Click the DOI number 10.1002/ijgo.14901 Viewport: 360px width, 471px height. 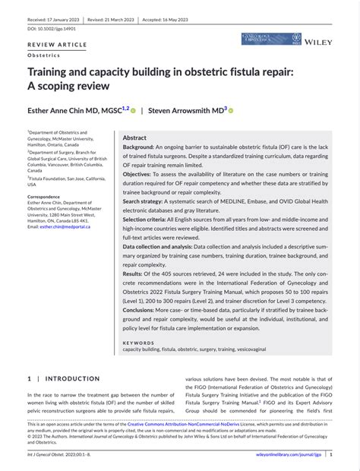pyautogui.click(x=52, y=28)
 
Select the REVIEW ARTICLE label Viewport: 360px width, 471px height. pyautogui.click(x=56, y=46)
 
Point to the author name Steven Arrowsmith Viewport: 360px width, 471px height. pyautogui.click(x=183, y=110)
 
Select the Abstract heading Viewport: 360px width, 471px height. pyautogui.click(x=134, y=138)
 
